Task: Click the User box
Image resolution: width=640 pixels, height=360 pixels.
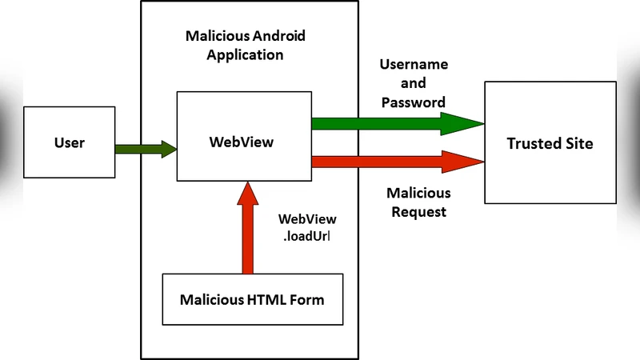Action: click(x=69, y=143)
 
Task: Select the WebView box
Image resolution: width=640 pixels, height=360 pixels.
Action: click(x=243, y=136)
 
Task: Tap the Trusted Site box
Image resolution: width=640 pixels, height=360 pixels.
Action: click(x=550, y=143)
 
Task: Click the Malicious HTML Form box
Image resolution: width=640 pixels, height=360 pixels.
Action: click(x=252, y=300)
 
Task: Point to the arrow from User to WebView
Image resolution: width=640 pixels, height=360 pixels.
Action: click(x=145, y=148)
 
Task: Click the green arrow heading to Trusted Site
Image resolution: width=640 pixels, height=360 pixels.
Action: click(x=384, y=123)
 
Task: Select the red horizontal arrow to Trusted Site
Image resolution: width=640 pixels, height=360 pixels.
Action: click(x=384, y=162)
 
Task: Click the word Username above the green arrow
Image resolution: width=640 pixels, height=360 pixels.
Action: click(x=414, y=65)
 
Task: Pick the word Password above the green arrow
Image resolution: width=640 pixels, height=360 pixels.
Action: click(x=414, y=102)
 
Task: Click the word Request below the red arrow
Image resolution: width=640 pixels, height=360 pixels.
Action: click(x=418, y=212)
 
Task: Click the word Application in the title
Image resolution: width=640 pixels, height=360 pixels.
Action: click(x=245, y=55)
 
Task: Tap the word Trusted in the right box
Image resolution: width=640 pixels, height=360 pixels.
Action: click(x=532, y=143)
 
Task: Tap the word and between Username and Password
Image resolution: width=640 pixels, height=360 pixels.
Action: click(x=414, y=83)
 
